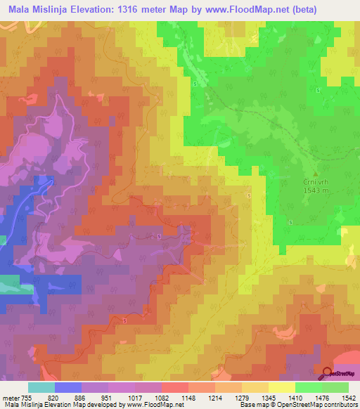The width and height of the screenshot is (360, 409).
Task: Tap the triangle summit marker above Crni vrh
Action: [315, 174]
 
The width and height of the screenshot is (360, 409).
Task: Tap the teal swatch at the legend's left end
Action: [41, 387]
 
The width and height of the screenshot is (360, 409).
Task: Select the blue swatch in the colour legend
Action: [67, 387]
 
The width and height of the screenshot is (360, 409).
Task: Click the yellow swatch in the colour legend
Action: [281, 387]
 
